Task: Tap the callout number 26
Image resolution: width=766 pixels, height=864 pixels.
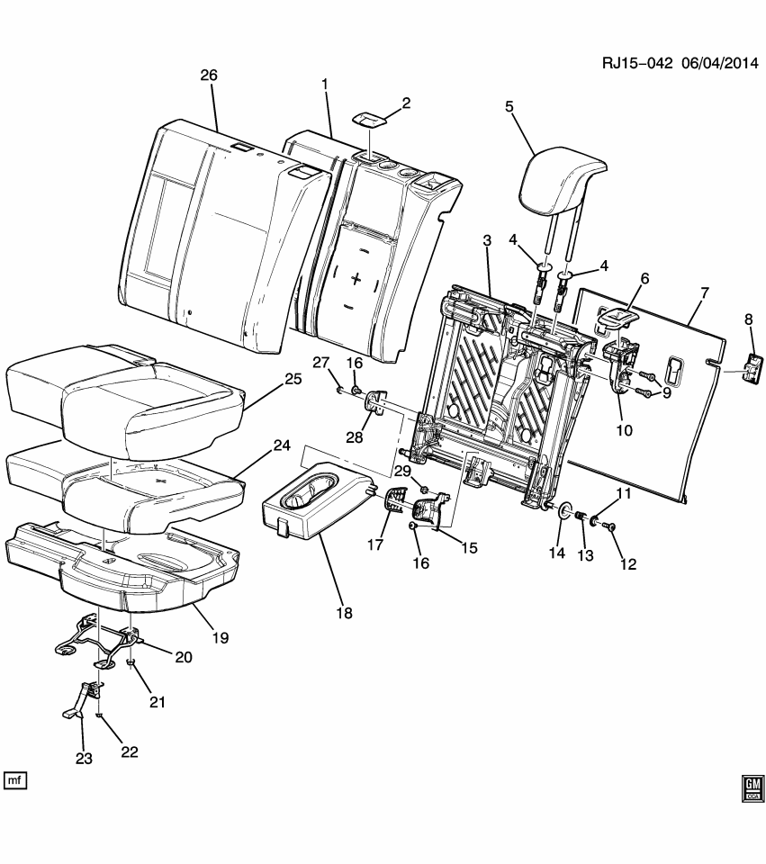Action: (x=208, y=76)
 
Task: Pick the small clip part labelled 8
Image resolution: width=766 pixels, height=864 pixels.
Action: (x=752, y=368)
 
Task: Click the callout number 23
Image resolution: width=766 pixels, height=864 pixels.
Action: (x=84, y=759)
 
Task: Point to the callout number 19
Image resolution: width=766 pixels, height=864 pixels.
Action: (x=220, y=637)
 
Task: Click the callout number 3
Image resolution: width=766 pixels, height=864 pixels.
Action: (x=486, y=240)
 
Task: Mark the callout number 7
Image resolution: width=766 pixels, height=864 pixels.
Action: (x=704, y=292)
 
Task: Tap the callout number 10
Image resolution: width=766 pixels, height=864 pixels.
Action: (x=623, y=430)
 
